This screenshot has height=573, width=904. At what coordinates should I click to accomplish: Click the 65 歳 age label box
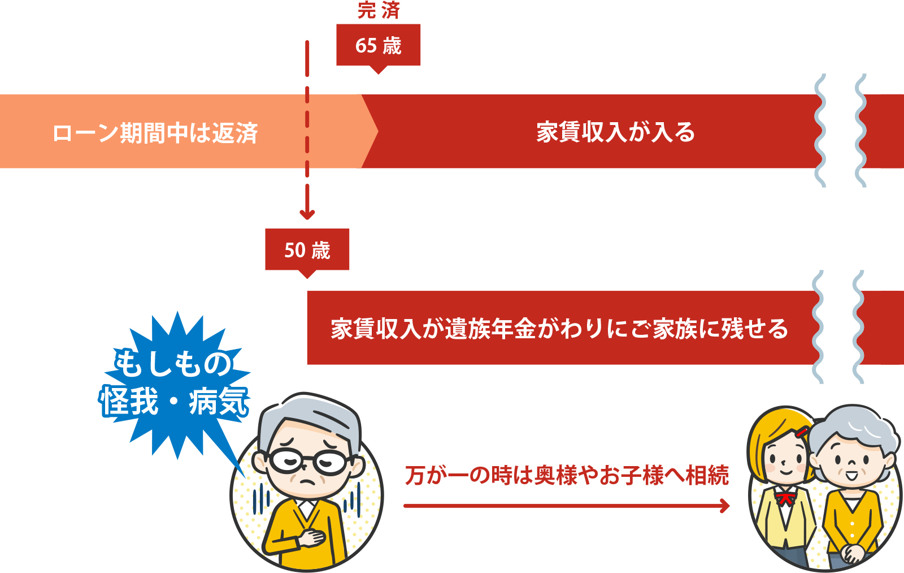point(378,45)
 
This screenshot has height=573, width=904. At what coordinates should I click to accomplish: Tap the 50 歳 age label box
point(307,249)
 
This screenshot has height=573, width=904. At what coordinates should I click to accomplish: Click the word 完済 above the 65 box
point(379,10)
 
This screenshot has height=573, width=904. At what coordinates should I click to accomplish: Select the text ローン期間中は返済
point(155,133)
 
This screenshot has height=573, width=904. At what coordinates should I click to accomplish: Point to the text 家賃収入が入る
point(615,132)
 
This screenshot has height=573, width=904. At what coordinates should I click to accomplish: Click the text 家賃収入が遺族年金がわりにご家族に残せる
point(559,329)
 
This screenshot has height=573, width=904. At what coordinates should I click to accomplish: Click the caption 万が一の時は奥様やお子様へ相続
point(567,476)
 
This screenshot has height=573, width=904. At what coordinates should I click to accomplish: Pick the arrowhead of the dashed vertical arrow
point(307,214)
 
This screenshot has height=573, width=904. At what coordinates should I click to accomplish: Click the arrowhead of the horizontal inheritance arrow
point(724,506)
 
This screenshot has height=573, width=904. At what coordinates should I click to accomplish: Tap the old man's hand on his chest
point(311,536)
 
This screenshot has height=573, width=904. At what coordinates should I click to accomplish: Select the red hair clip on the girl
point(801,433)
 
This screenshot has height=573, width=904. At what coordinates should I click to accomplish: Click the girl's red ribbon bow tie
point(785,498)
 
